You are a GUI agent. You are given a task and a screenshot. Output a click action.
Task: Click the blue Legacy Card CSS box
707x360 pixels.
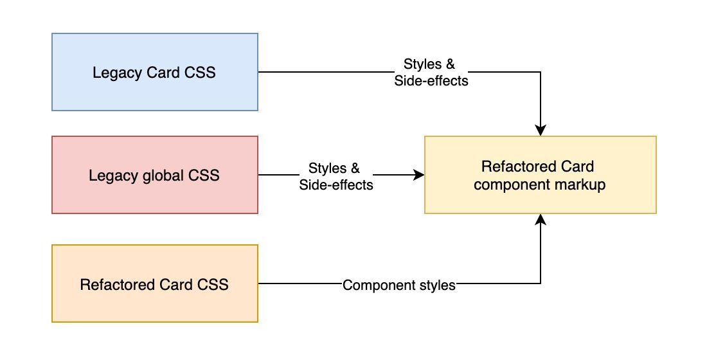point(154,72)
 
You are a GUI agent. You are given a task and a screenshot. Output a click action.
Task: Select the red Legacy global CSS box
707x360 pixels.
point(154,174)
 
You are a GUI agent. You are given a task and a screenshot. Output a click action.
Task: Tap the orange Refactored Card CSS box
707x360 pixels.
point(154,283)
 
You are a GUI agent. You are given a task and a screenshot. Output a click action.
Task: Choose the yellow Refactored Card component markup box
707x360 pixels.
point(540,174)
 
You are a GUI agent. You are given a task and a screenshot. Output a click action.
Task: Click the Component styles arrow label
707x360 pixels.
point(398,285)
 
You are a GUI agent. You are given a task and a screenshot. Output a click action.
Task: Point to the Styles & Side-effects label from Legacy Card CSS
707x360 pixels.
point(431,73)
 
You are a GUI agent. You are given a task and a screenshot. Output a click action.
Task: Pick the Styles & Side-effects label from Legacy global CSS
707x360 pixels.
point(336,176)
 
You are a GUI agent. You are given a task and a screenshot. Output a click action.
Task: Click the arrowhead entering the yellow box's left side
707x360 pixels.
point(419,174)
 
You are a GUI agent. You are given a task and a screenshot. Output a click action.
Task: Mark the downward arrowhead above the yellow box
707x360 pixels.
point(541,130)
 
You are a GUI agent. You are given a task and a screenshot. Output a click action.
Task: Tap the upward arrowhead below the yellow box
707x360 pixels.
point(541,220)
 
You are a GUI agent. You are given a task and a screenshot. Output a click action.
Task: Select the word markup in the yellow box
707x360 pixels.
point(584,184)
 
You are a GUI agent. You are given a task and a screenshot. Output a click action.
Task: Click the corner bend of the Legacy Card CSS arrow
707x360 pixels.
point(541,72)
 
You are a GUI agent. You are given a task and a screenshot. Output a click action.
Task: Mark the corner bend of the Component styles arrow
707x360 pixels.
point(541,283)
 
